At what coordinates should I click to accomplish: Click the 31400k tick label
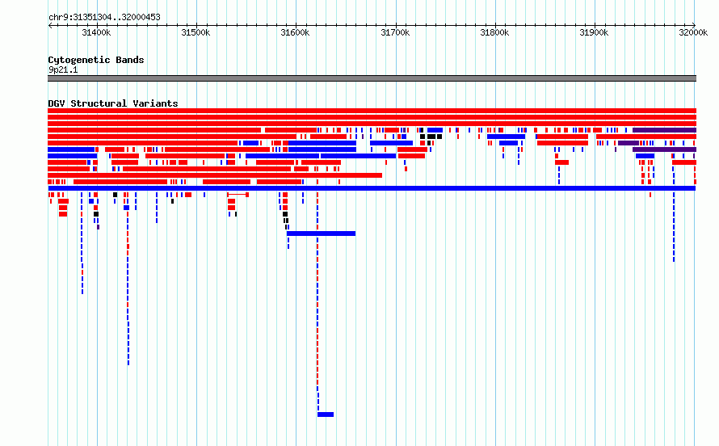(x=96, y=32)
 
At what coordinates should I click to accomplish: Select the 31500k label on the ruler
(x=196, y=32)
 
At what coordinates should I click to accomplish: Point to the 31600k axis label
(x=296, y=32)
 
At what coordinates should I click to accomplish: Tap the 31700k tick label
(x=395, y=32)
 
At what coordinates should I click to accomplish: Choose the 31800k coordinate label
(x=494, y=32)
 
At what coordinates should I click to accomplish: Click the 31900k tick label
(x=595, y=32)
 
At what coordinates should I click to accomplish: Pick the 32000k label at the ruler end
(x=693, y=32)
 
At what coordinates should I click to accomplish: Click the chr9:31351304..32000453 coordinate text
(x=104, y=18)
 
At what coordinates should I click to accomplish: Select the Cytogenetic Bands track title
(x=96, y=60)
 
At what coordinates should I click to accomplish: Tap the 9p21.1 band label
(x=63, y=69)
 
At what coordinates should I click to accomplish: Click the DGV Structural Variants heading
(x=113, y=103)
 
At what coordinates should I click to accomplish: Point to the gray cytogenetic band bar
(x=372, y=78)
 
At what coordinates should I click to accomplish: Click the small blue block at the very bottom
(x=326, y=414)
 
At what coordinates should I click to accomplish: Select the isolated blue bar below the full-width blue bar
(x=321, y=234)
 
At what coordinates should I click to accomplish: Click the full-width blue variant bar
(x=372, y=188)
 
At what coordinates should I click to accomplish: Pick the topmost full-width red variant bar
(x=372, y=111)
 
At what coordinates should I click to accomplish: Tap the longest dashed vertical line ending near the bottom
(x=317, y=302)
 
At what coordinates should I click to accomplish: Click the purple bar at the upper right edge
(x=664, y=130)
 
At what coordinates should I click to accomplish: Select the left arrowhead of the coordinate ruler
(x=50, y=25)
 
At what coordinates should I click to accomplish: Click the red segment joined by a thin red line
(x=238, y=195)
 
